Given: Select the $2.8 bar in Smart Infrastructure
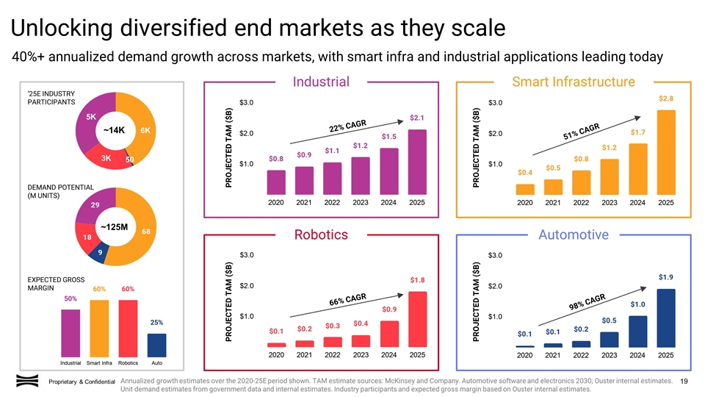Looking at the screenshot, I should [x=666, y=152].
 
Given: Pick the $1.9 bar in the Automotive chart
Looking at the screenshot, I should [x=666, y=317].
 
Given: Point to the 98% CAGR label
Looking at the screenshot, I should [x=587, y=301].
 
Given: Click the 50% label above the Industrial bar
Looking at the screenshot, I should [x=70, y=298].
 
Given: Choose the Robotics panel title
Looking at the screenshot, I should [x=321, y=235].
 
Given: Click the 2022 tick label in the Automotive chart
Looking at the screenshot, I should [x=581, y=355].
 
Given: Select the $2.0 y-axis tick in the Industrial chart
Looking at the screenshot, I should [x=247, y=134].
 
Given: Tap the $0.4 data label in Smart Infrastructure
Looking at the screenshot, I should [x=525, y=173].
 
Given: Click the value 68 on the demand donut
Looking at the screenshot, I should [x=146, y=232].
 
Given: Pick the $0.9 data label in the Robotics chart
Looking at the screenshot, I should [x=389, y=309].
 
